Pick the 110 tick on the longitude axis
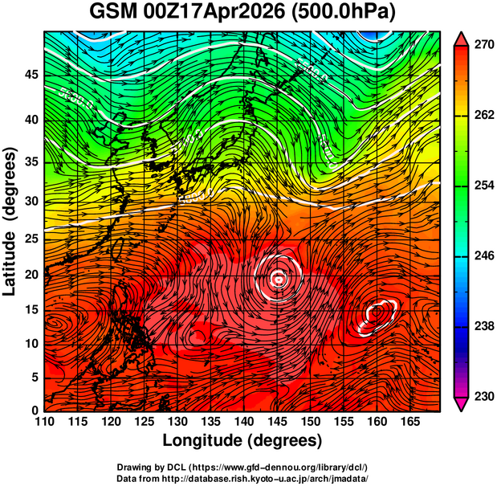(44, 421)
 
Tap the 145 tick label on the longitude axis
(278, 421)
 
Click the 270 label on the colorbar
(482, 47)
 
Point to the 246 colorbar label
(482, 256)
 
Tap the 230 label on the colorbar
(482, 396)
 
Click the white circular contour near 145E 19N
(278, 278)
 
